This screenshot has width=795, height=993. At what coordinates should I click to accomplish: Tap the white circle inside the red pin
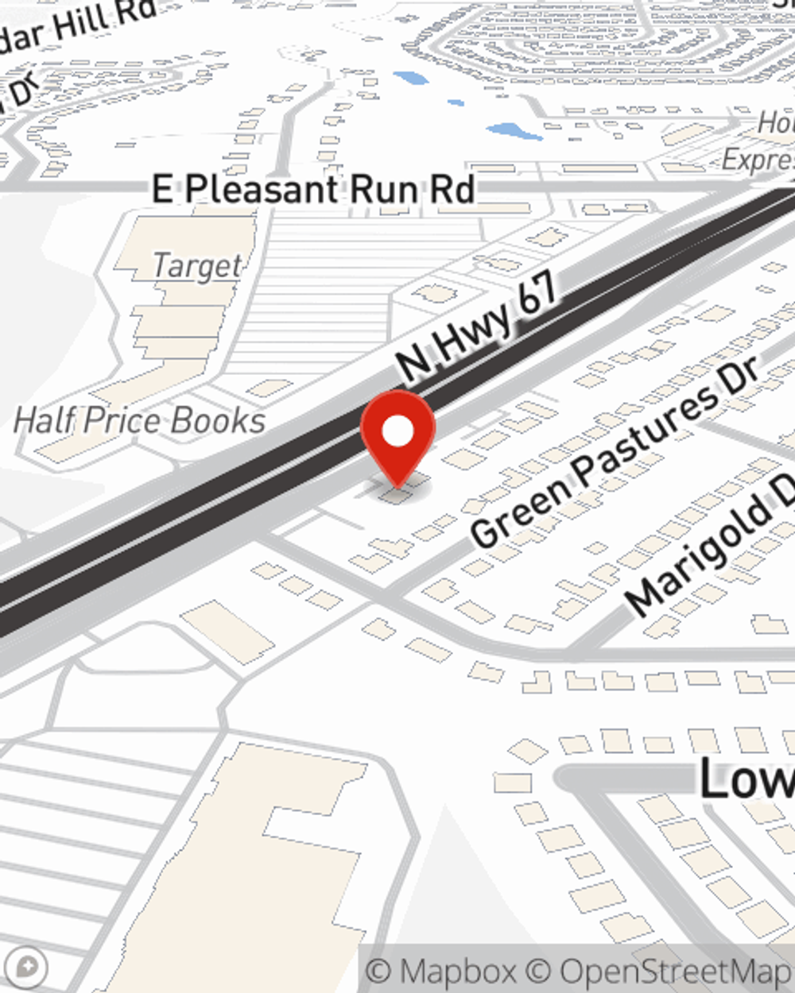(397, 432)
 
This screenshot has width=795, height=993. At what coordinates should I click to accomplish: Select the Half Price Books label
(140, 420)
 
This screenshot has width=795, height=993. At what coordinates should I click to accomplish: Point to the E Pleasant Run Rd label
(314, 190)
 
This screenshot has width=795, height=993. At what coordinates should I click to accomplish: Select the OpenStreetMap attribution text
(676, 972)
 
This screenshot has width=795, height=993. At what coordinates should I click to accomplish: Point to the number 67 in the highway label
(537, 293)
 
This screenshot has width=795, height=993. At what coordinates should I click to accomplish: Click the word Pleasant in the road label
(262, 190)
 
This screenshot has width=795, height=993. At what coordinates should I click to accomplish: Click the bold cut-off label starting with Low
(746, 778)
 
